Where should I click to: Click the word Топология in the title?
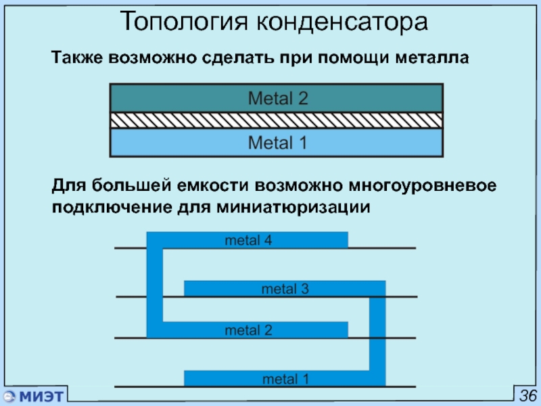(x=185, y=22)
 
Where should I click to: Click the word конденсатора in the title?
(x=342, y=22)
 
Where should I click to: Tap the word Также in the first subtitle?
(x=77, y=58)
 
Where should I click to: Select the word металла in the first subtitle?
(x=431, y=58)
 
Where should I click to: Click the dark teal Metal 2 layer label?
(x=278, y=98)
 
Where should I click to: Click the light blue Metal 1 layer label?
(x=277, y=143)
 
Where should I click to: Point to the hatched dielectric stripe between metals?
(x=277, y=120)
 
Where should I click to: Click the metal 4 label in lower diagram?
(x=248, y=240)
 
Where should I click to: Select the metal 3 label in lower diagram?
(x=285, y=289)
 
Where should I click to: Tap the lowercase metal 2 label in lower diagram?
(x=248, y=330)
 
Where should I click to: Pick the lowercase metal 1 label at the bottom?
(x=285, y=379)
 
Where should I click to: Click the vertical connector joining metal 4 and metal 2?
(x=155, y=285)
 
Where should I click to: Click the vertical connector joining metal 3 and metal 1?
(x=377, y=334)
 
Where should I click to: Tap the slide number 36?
(x=528, y=396)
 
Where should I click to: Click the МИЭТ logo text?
(x=41, y=396)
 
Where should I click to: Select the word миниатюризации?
(x=293, y=208)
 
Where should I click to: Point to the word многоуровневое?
(x=422, y=185)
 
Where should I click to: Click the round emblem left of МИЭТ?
(x=9, y=397)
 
